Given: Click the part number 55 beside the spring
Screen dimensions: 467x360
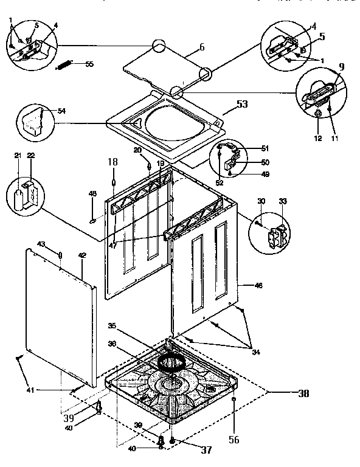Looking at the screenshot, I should click(89, 64).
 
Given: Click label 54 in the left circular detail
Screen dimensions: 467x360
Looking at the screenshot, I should click(61, 111).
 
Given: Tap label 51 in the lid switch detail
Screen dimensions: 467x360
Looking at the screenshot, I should click(265, 148).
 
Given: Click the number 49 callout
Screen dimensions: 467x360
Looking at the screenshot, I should click(265, 175).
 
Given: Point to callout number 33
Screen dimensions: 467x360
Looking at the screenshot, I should click(282, 201).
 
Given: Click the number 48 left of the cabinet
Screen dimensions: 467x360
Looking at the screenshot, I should click(92, 194).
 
